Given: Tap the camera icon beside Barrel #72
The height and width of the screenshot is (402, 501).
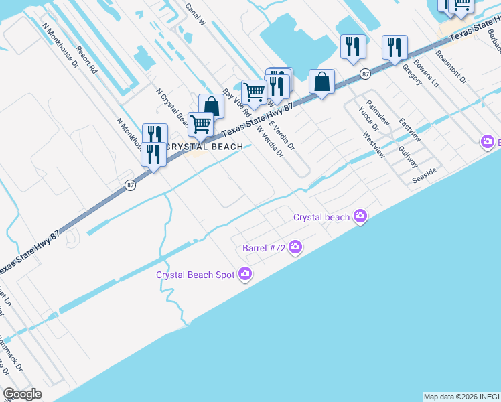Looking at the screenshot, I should (x=295, y=248).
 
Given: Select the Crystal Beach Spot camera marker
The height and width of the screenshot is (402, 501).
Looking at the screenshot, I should (x=245, y=274).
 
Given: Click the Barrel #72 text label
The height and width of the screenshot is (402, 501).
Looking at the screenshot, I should (x=264, y=248).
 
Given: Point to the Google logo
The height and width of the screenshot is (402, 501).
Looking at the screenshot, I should (x=22, y=394).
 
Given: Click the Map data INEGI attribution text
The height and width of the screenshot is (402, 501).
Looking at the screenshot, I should (x=461, y=397).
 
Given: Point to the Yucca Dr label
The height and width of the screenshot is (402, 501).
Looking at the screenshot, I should (x=368, y=118).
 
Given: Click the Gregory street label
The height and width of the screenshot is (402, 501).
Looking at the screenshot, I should (x=412, y=74).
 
